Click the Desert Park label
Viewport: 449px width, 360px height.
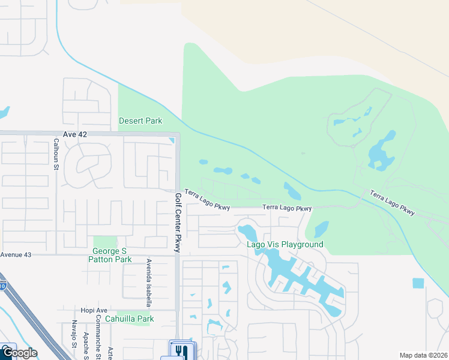pyautogui.click(x=140, y=121)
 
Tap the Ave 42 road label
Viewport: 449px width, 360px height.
pyautogui.click(x=75, y=134)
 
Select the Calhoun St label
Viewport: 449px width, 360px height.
pyautogui.click(x=55, y=154)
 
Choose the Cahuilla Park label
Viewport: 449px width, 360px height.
pyautogui.click(x=129, y=319)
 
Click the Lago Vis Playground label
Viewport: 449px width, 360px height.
pyautogui.click(x=285, y=244)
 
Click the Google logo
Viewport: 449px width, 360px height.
pyautogui.click(x=19, y=353)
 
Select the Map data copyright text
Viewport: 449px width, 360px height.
pyautogui.click(x=423, y=355)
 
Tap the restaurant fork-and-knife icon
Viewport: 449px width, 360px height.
pyautogui.click(x=179, y=350)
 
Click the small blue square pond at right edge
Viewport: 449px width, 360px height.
pyautogui.click(x=418, y=283)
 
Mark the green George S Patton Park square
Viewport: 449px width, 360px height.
pyautogui.click(x=105, y=242)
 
